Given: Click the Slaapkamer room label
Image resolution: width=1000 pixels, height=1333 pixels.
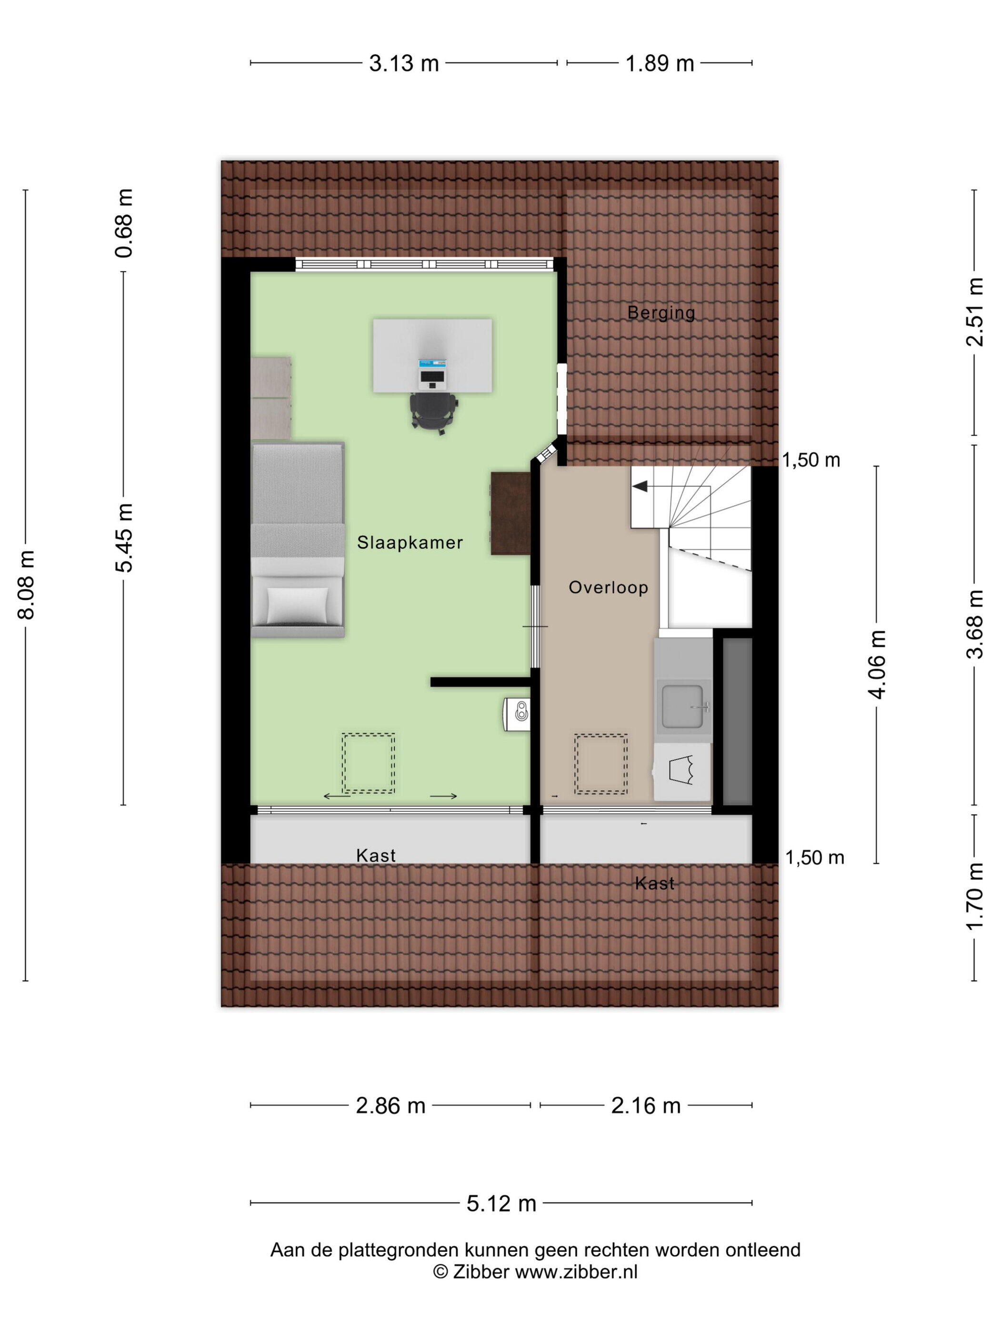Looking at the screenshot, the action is tap(409, 542).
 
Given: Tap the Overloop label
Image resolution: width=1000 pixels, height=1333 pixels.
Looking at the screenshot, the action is tap(608, 587).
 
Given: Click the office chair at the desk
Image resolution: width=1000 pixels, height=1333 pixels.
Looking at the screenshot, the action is tap(434, 412).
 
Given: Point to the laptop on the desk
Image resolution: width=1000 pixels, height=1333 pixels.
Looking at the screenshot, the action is tap(433, 374).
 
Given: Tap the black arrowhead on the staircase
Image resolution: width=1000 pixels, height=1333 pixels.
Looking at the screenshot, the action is tap(640, 486).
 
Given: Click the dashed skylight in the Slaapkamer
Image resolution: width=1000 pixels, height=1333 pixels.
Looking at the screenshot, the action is tap(368, 763).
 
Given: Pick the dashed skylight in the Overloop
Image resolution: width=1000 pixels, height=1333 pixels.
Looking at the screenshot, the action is tap(600, 764).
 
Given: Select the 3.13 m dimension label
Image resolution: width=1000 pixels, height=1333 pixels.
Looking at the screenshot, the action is tap(404, 63).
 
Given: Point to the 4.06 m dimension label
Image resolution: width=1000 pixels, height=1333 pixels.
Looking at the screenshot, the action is tap(877, 664).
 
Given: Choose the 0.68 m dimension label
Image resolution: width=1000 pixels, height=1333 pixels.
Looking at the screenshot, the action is tap(124, 223).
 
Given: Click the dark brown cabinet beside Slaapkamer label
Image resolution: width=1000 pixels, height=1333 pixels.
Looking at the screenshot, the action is tap(510, 513).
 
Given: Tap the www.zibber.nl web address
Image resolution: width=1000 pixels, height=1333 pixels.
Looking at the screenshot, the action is tap(576, 1272).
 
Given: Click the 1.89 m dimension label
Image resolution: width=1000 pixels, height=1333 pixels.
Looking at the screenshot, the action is tap(660, 63).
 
